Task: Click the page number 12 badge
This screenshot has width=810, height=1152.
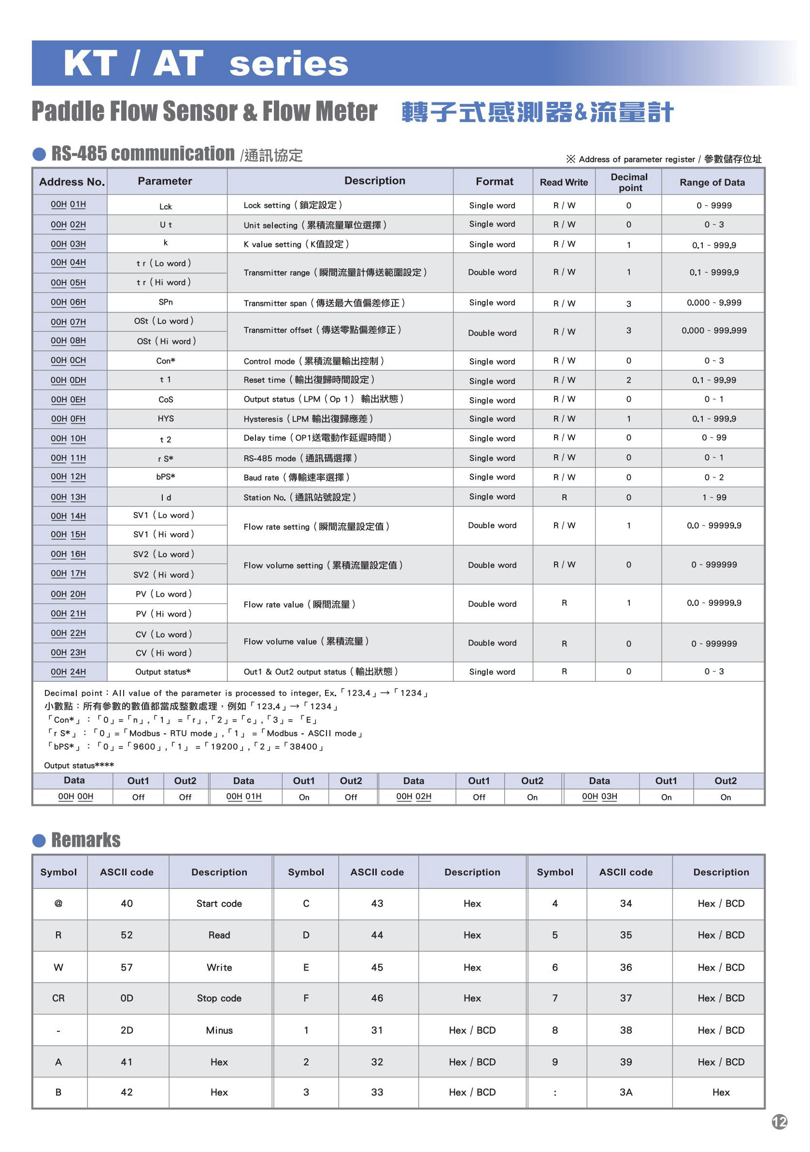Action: [x=779, y=1122]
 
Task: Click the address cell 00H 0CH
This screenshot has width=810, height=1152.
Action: [x=68, y=360]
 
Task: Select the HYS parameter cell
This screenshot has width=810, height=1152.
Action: [x=166, y=419]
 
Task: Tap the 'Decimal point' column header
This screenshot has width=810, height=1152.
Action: [x=629, y=182]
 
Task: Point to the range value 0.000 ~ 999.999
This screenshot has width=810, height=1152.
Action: [x=714, y=331]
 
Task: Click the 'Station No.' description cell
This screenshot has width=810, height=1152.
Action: [x=299, y=497]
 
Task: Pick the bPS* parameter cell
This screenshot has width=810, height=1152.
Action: [x=166, y=477]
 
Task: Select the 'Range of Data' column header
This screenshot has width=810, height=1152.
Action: [x=712, y=182]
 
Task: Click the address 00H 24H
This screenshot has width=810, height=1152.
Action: [x=68, y=672]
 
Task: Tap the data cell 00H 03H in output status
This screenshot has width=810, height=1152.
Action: [x=599, y=797]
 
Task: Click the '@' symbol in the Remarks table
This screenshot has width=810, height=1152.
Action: [x=58, y=904]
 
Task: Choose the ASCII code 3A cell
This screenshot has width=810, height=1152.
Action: [x=626, y=1092]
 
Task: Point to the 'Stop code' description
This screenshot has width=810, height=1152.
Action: [x=219, y=998]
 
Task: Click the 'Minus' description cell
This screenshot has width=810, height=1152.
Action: [x=219, y=1030]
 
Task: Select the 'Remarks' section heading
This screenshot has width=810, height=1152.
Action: [x=86, y=840]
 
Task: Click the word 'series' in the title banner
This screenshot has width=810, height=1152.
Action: [x=288, y=64]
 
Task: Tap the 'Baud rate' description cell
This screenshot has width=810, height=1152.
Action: [x=296, y=477]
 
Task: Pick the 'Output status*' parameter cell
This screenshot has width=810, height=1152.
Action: [x=163, y=672]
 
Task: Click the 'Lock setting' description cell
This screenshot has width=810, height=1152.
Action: [x=293, y=205]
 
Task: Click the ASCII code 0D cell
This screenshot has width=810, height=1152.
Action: [x=127, y=998]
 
